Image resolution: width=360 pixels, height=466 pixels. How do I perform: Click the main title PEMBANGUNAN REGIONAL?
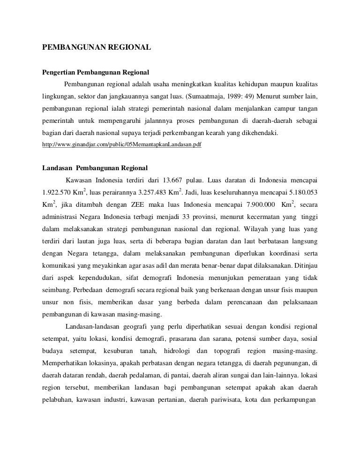pos(96,47)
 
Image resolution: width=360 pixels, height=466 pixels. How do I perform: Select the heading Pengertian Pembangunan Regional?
pos(96,73)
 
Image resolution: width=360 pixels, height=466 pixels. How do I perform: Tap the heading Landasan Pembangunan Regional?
pos(95,168)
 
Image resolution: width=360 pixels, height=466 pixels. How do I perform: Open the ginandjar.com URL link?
pos(122,145)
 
